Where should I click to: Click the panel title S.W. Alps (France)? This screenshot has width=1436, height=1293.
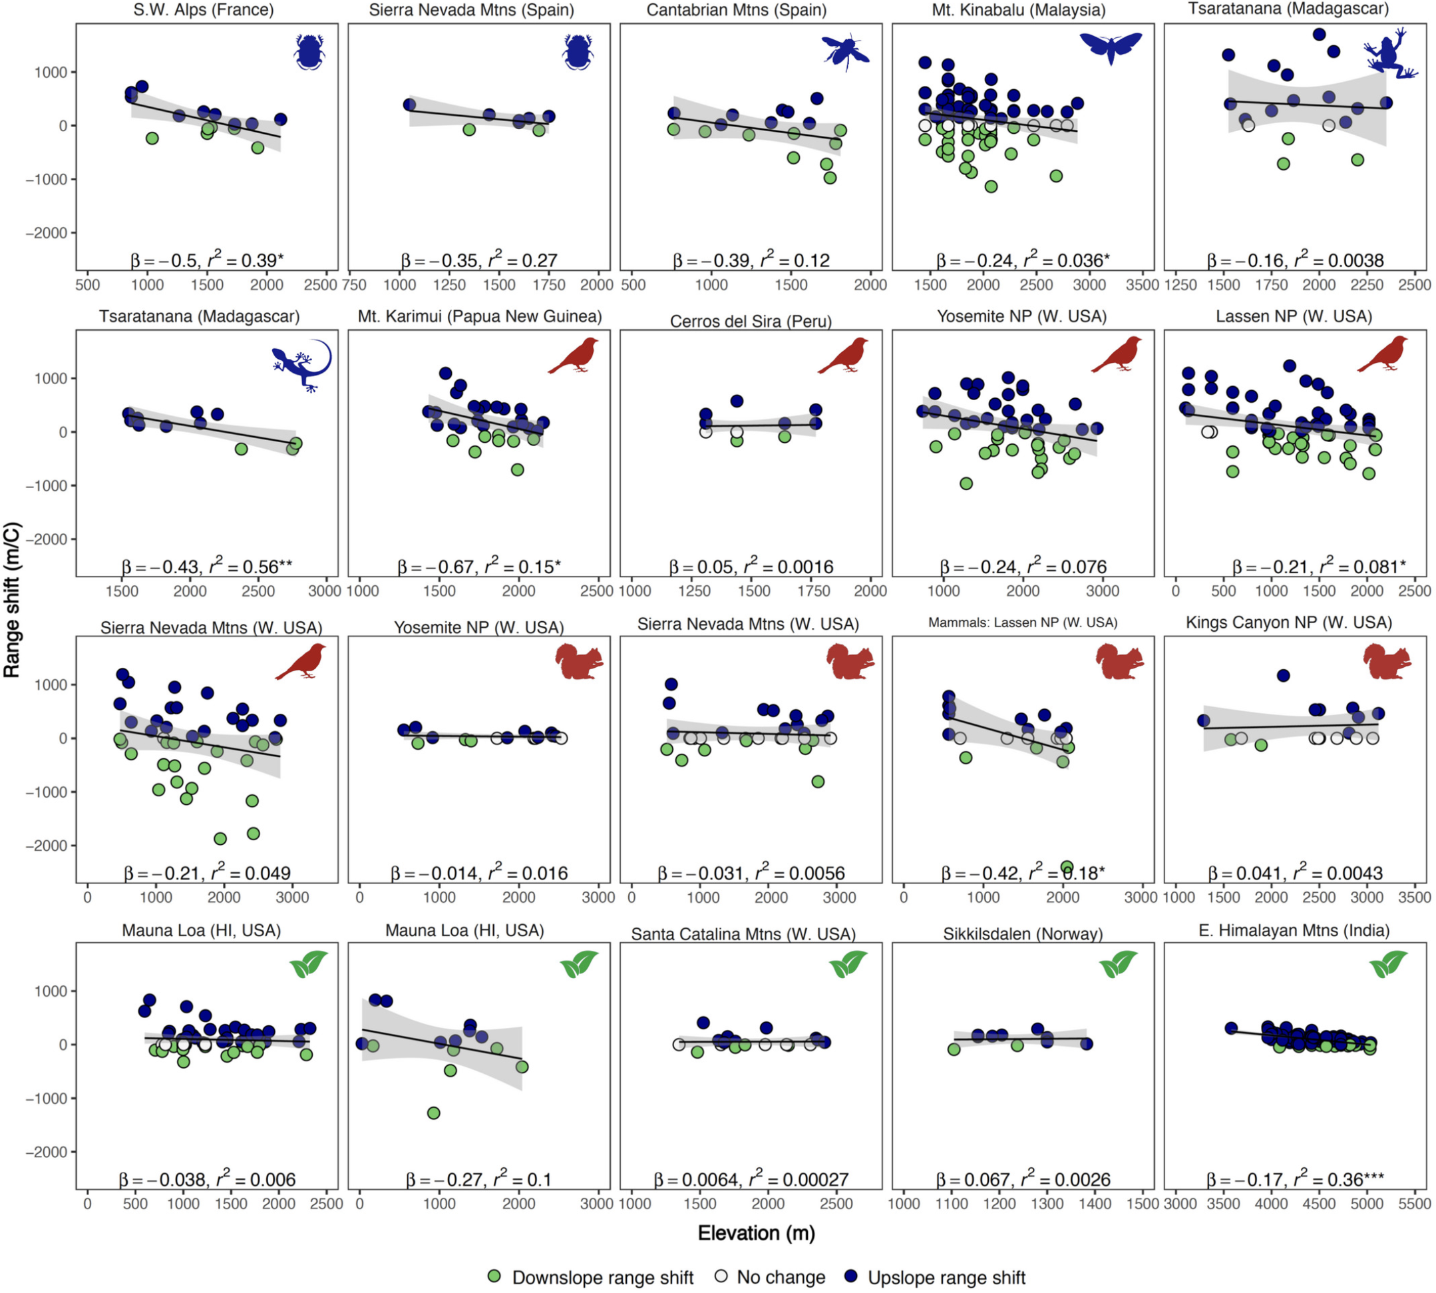203,10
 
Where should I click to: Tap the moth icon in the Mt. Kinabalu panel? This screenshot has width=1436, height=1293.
1111,47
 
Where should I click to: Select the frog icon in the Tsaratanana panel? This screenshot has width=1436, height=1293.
1390,53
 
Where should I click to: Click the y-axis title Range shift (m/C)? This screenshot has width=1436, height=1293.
13,601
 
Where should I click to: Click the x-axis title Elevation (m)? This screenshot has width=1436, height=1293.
757,1232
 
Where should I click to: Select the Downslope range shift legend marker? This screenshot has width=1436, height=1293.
495,1276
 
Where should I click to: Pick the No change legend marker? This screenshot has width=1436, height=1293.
721,1276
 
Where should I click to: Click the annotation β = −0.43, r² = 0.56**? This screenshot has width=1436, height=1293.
207,566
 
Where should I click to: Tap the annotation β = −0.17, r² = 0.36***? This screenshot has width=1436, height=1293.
1295,1179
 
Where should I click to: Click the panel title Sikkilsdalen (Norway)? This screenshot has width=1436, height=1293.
1023,934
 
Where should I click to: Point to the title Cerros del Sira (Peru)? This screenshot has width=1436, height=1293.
751,322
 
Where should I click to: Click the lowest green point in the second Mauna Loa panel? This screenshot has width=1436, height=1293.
433,1113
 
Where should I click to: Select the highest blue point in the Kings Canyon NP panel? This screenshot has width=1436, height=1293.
1282,676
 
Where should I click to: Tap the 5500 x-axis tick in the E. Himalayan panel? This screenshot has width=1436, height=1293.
1414,1204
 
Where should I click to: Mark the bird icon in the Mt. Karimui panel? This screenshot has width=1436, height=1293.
573,356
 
